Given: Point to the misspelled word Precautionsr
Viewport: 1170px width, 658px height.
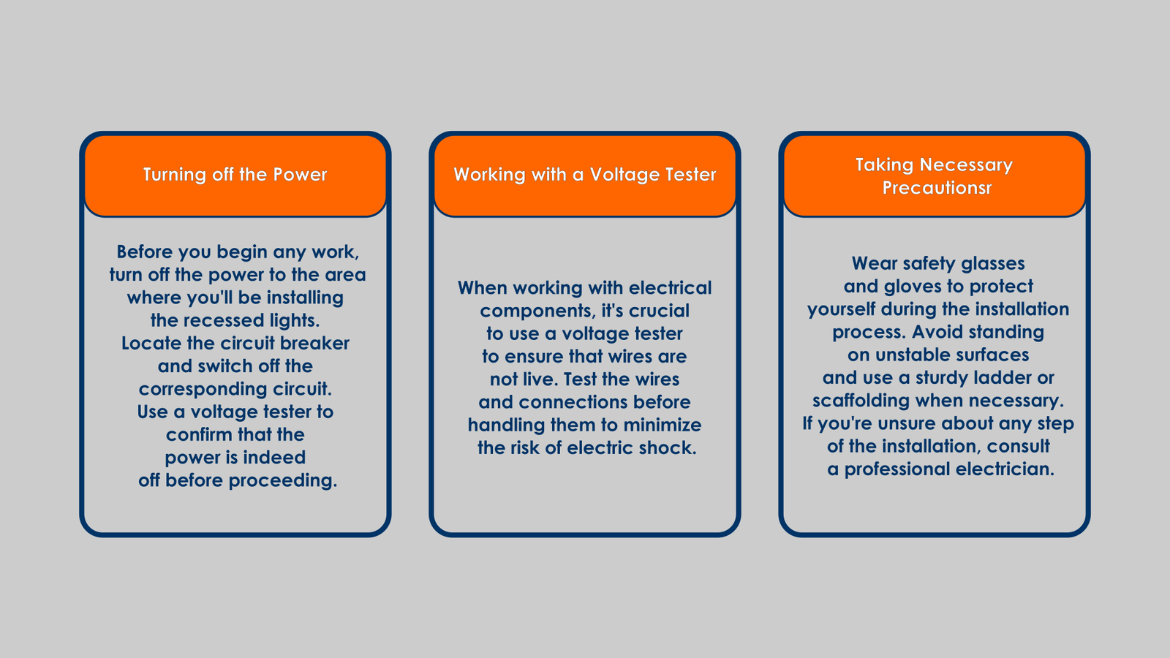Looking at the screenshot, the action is (x=937, y=187).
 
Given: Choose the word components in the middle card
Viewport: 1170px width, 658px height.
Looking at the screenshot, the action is (x=538, y=311).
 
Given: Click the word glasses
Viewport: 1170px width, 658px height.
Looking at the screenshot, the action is (x=993, y=264).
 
